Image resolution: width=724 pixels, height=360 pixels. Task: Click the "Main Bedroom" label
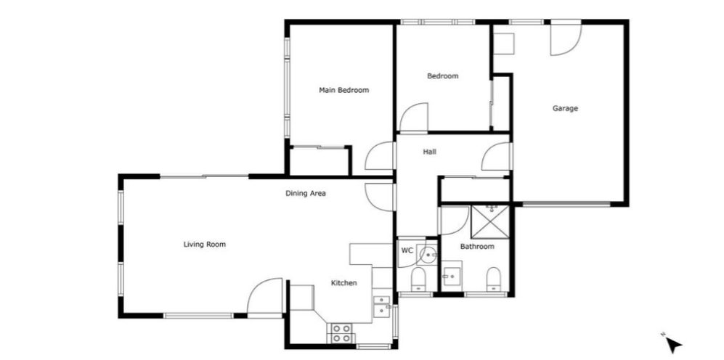pyautogui.click(x=344, y=91)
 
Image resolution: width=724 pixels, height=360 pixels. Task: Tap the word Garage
pyautogui.click(x=565, y=109)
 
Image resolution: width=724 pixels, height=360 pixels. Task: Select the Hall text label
pyautogui.click(x=430, y=152)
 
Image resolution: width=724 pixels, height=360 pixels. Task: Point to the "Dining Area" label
pyautogui.click(x=306, y=193)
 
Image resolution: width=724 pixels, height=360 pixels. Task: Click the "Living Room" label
pyautogui.click(x=205, y=245)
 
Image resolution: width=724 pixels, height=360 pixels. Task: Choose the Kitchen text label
pyautogui.click(x=344, y=283)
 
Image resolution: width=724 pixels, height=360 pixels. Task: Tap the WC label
pyautogui.click(x=407, y=250)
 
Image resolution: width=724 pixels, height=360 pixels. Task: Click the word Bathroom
pyautogui.click(x=477, y=247)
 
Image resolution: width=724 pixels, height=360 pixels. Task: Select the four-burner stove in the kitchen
pyautogui.click(x=340, y=333)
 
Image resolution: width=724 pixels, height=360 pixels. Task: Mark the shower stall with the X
pyautogui.click(x=490, y=222)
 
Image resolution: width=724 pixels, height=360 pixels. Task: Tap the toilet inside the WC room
pyautogui.click(x=418, y=279)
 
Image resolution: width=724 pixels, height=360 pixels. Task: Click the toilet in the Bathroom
pyautogui.click(x=494, y=279)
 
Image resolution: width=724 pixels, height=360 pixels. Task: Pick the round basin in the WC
pyautogui.click(x=428, y=254)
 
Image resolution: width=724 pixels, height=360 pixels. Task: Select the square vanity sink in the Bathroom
pyautogui.click(x=452, y=276)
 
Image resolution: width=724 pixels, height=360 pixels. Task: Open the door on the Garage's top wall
pyautogui.click(x=566, y=38)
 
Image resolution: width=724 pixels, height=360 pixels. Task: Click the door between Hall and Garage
pyautogui.click(x=497, y=157)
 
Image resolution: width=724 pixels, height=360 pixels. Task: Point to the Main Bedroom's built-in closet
pyautogui.click(x=319, y=160)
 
